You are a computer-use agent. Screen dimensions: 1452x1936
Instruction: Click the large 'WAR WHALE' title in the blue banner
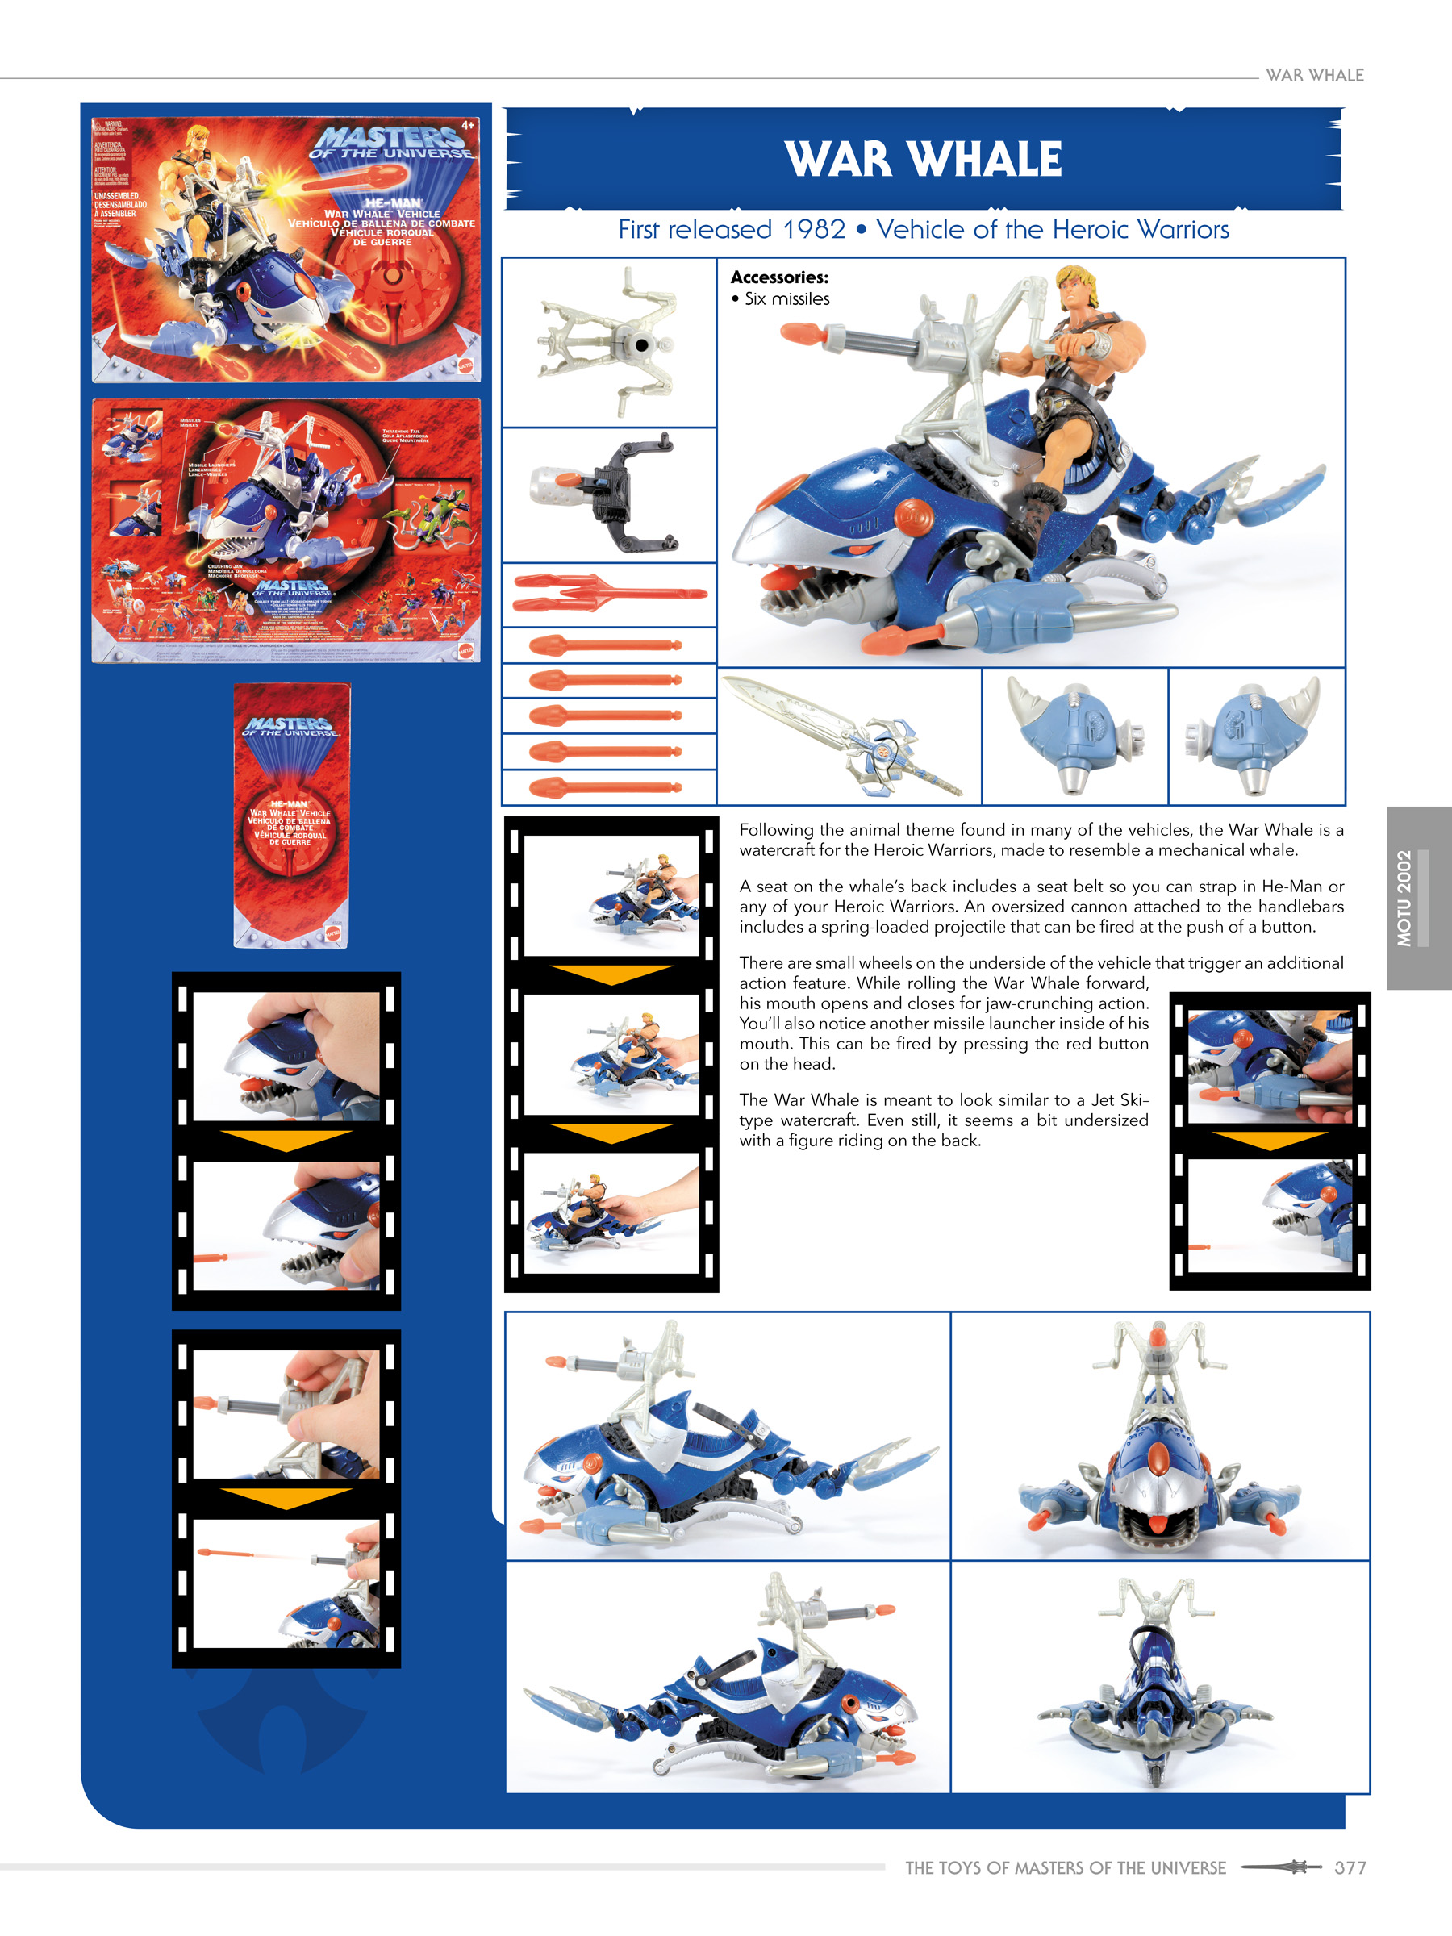pos(923,159)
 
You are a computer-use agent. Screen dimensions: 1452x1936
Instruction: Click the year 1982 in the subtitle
pos(813,229)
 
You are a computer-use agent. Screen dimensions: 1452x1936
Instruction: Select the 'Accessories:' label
pos(779,277)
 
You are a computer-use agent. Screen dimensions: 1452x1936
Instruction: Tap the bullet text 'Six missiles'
pos(786,299)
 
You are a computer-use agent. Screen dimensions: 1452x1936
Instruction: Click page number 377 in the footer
pos(1349,1867)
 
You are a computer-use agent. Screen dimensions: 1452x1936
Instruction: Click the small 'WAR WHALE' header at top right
pos(1314,75)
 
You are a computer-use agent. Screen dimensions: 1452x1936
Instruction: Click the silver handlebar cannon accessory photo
pos(609,342)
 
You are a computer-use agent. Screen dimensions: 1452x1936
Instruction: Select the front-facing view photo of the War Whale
pos(1159,1435)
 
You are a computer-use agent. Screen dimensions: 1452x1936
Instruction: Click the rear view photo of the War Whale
pos(1159,1679)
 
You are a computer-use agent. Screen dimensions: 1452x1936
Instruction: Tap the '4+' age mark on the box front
pos(467,126)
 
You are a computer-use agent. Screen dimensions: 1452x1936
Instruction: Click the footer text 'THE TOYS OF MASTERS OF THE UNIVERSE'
pos(1064,1867)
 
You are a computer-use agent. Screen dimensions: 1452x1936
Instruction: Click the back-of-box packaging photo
pos(286,531)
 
